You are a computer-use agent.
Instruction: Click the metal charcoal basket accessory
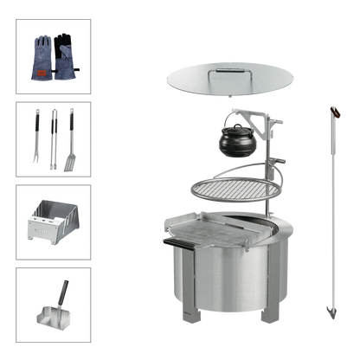click(53, 223)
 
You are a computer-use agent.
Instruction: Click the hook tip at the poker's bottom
click(328, 311)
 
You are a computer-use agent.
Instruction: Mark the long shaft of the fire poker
click(331, 216)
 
